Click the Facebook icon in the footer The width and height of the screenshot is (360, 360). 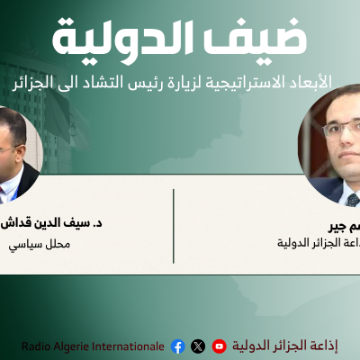(x=177, y=346)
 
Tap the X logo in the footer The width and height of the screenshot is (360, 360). (x=198, y=346)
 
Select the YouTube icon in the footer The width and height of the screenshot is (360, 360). (x=219, y=346)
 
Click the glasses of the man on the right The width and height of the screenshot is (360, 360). (x=342, y=130)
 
